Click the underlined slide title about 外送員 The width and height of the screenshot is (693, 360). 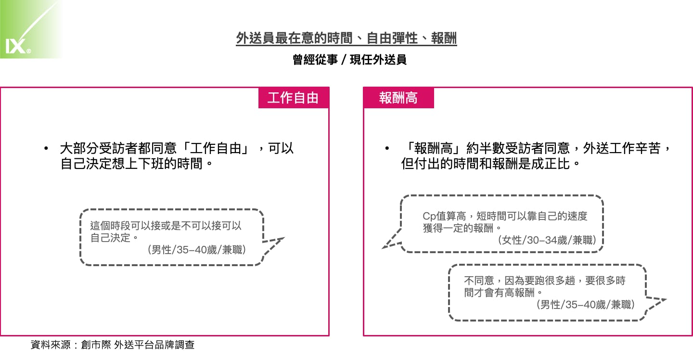coord(346,39)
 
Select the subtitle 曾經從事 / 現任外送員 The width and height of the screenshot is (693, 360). coord(349,60)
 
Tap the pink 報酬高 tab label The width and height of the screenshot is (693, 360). coord(398,98)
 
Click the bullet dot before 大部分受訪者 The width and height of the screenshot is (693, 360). coord(46,148)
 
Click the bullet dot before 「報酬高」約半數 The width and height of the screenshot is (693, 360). coord(387,148)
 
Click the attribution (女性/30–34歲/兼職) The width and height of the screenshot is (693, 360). coord(547,240)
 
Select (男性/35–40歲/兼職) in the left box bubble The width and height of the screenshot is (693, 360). coord(197,250)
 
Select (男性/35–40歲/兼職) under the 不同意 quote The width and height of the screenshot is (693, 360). coord(585,305)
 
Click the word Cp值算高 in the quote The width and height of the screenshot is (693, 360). coord(444,216)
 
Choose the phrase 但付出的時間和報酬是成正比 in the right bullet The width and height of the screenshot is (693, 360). coord(485,164)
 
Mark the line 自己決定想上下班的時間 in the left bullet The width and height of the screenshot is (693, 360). coord(131,164)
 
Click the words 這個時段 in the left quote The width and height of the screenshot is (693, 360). coord(110,225)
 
